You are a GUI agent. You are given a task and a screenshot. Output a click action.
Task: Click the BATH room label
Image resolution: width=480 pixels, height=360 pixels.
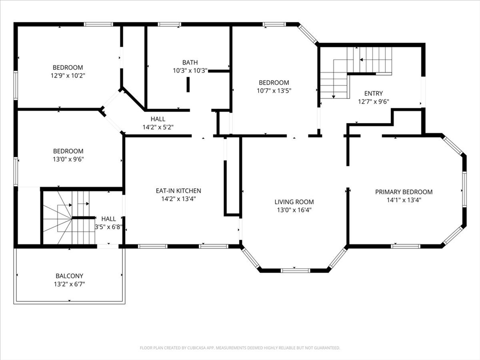point(190,62)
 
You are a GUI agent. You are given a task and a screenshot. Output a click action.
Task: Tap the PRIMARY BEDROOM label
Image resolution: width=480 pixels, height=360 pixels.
point(404,192)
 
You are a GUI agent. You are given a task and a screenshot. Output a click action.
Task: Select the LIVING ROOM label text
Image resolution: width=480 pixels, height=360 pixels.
point(294,202)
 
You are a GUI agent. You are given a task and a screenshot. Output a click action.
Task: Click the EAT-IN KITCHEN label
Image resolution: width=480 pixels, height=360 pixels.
point(179,191)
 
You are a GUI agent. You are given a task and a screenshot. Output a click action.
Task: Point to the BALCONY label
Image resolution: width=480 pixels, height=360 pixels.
point(69,276)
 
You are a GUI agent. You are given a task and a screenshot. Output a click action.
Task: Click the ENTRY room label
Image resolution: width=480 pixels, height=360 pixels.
point(374,93)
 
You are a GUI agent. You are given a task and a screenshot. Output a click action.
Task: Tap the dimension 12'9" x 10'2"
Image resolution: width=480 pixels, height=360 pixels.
point(68,75)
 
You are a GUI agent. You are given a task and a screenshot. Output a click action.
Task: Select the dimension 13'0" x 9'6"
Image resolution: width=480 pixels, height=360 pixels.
point(68,159)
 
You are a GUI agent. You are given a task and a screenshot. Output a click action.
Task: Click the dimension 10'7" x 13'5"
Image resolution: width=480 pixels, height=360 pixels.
point(274,90)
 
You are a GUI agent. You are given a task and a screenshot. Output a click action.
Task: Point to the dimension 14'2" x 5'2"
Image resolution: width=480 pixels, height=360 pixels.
point(158,127)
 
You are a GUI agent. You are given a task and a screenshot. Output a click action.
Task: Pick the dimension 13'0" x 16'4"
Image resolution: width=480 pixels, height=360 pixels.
point(294,210)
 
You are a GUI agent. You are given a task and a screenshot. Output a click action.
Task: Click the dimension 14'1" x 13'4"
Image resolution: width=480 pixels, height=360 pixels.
point(404,200)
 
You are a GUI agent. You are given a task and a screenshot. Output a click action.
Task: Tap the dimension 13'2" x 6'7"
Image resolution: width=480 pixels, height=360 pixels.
point(69,284)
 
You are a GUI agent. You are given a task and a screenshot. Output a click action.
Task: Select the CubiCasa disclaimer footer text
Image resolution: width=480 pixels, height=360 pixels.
point(240,348)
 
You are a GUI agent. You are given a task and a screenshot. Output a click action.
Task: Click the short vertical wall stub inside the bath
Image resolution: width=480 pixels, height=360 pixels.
point(188,84)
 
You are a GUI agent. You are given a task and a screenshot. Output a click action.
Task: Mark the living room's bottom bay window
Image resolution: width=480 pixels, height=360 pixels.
point(295,270)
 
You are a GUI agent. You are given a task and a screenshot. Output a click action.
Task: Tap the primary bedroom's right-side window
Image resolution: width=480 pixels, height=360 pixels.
point(465,190)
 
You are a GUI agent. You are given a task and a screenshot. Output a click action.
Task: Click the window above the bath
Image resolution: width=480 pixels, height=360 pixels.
point(169,24)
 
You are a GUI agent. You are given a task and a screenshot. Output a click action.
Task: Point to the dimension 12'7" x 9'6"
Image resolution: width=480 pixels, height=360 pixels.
point(374,102)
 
